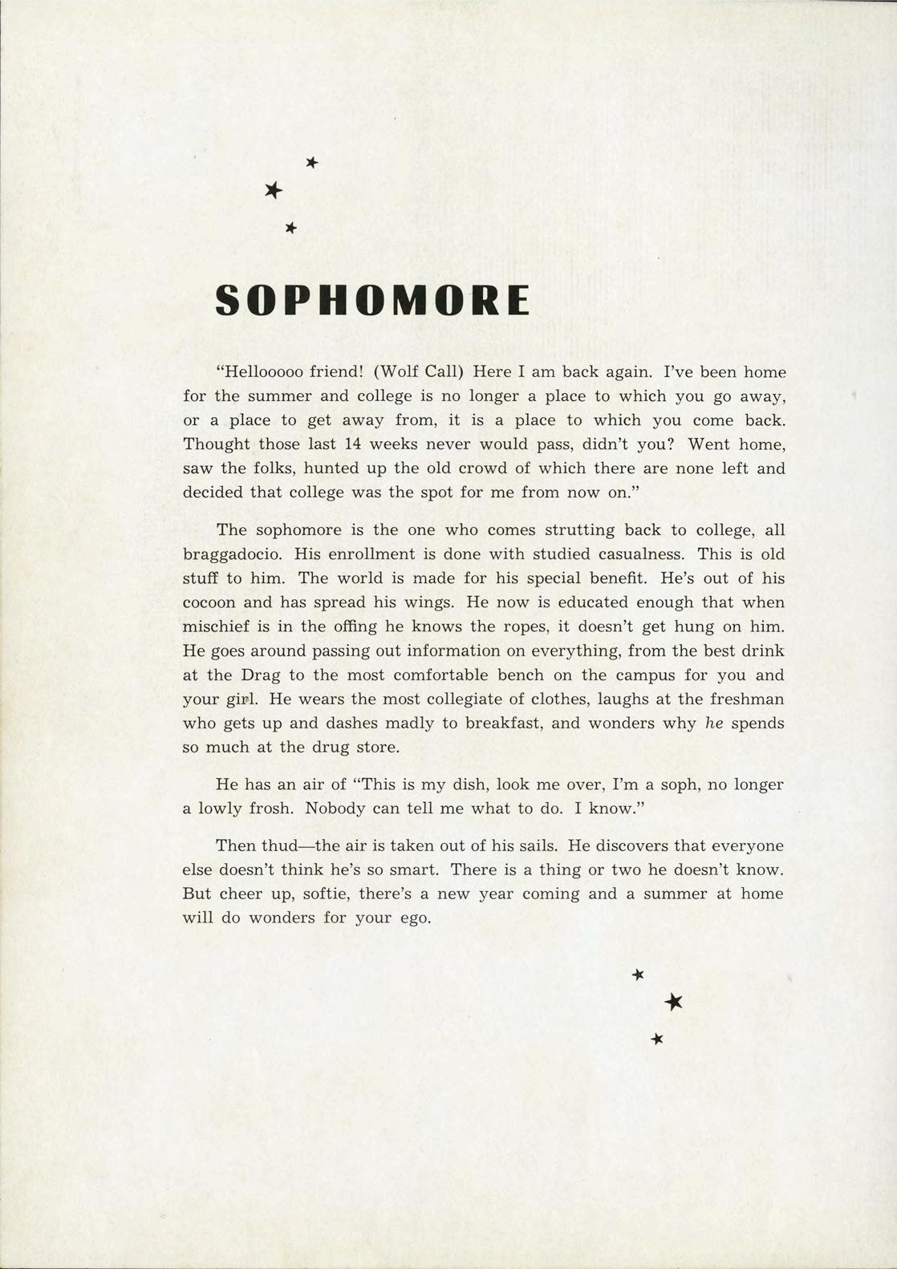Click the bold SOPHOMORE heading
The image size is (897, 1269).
click(x=372, y=300)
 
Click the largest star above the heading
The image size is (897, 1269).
click(x=274, y=190)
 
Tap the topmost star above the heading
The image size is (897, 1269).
click(x=312, y=163)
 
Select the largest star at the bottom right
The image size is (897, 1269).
click(x=674, y=1001)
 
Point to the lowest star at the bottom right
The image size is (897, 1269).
click(x=658, y=1039)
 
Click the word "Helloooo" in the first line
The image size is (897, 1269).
click(x=260, y=372)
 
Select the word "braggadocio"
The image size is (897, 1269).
click(x=233, y=555)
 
